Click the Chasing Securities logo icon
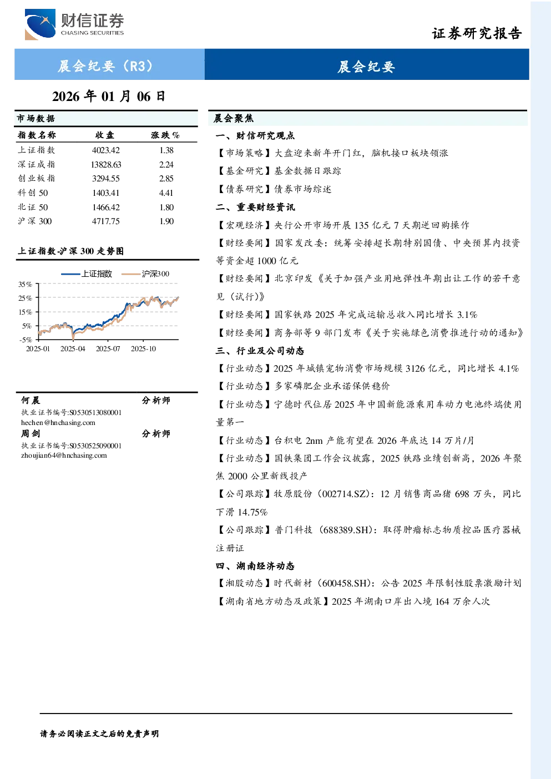40,24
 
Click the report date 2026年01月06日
109,97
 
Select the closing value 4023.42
106,150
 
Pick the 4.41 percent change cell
166,193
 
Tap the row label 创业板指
37,179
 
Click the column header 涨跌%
165,135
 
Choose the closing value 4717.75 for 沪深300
106,221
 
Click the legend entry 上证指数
87,274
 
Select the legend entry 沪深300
145,274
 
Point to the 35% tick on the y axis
25,285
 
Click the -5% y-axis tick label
26,340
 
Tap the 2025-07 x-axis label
108,349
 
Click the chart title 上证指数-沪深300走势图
71,251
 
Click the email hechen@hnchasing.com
58,423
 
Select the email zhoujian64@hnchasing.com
64,456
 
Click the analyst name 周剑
31,434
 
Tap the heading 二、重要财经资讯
255,208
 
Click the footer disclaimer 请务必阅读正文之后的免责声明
99,734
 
